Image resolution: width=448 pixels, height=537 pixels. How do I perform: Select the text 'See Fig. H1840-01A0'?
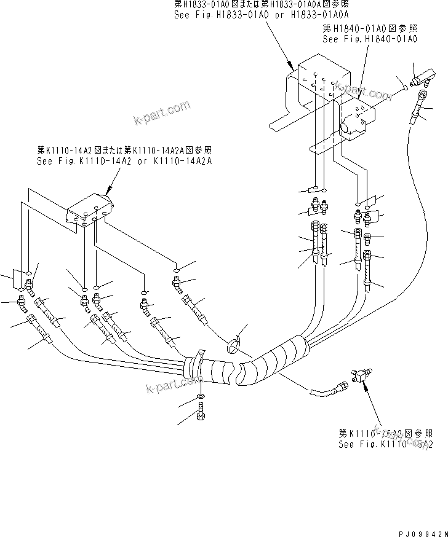coord(370,38)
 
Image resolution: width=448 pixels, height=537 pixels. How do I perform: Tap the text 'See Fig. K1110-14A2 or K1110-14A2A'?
coord(124,161)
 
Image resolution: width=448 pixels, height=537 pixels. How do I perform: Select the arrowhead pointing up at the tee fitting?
coord(364,385)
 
